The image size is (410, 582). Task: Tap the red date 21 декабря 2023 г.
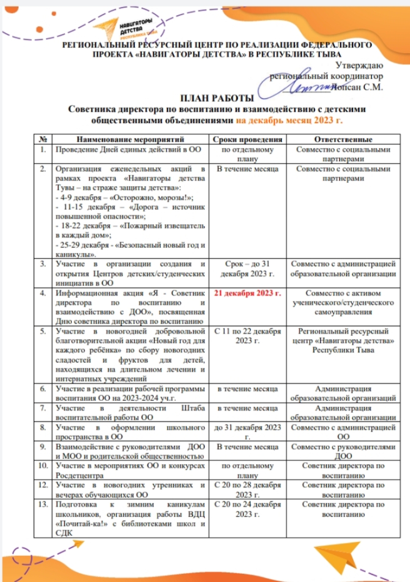246,292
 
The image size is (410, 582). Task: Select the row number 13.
43,503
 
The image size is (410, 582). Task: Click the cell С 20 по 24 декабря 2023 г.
246,508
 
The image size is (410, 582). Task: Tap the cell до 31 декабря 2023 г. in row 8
246,432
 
